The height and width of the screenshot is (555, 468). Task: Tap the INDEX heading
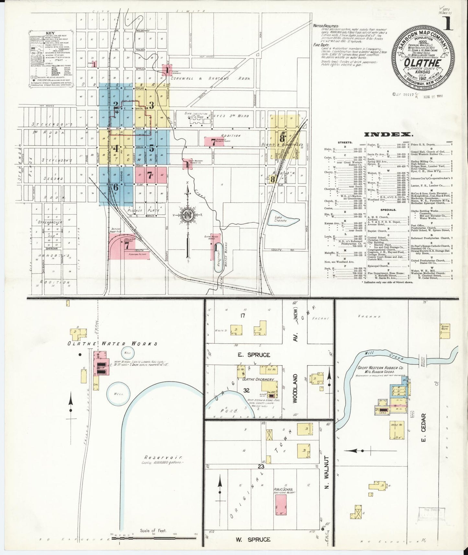pos(388,135)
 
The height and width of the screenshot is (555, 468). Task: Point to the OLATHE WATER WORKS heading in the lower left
pos(112,344)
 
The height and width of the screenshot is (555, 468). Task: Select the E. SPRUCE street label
pos(254,355)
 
